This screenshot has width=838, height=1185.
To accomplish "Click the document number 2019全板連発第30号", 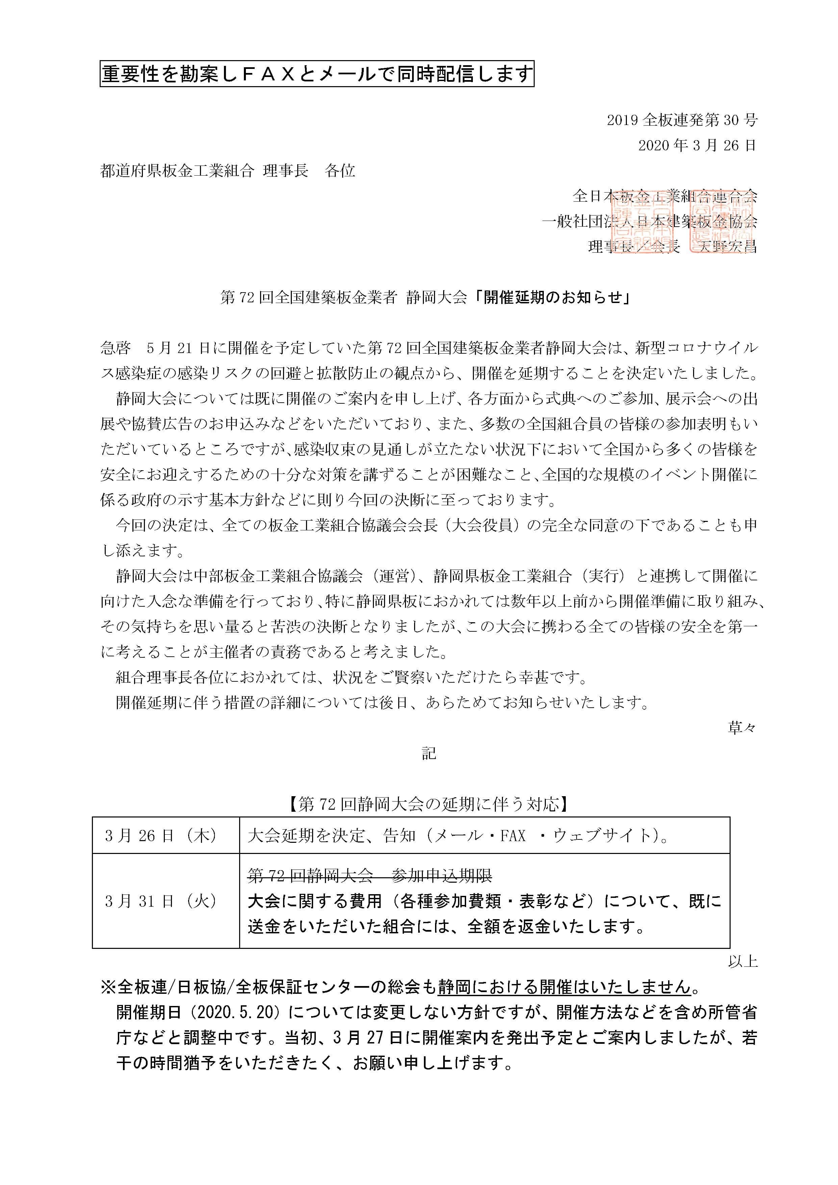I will click(682, 120).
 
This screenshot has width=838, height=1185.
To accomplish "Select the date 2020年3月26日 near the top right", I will click(696, 146).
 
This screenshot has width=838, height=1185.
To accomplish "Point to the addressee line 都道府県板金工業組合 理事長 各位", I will click(228, 171).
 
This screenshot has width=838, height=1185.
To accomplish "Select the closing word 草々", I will click(741, 728).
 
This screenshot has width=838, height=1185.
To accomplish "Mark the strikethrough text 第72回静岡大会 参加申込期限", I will click(370, 875).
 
